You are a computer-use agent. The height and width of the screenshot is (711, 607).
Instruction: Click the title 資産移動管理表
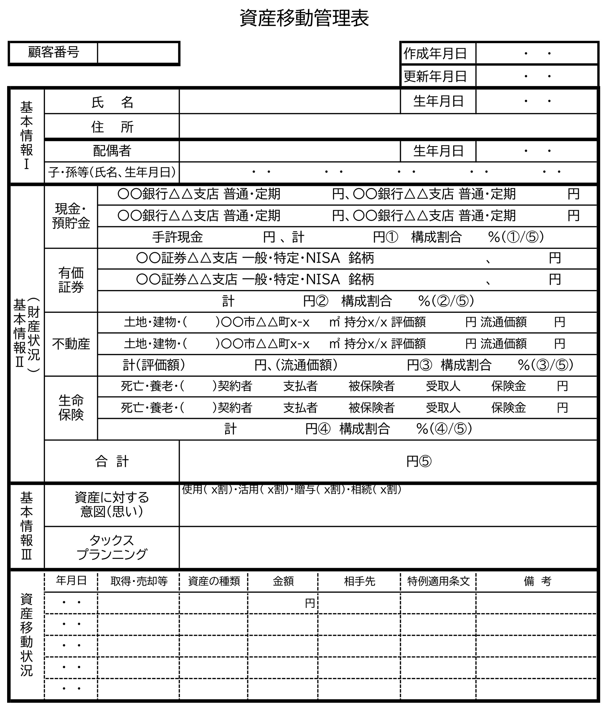[304, 18]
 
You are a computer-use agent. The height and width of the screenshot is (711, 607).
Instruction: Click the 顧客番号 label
[54, 52]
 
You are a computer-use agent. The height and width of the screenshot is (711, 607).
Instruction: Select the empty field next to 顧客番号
[138, 53]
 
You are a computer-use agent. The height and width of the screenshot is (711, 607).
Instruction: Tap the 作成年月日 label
[435, 54]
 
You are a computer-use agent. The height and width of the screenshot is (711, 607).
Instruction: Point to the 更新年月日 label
[435, 76]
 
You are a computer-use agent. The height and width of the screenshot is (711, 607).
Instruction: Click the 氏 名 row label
[112, 102]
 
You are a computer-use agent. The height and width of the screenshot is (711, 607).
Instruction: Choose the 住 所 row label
[112, 127]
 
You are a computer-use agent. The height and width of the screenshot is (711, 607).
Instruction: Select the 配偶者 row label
[112, 151]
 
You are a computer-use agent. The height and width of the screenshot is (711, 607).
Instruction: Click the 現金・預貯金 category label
[71, 216]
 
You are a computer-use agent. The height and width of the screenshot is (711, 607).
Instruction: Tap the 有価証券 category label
[71, 280]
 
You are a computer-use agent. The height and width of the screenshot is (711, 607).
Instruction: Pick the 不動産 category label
[71, 344]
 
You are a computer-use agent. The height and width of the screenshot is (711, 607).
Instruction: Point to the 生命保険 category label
[71, 408]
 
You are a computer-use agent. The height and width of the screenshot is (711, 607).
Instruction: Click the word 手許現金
[177, 237]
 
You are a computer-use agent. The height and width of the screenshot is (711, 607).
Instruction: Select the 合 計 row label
[112, 461]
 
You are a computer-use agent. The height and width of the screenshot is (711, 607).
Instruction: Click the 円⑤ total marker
[419, 461]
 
